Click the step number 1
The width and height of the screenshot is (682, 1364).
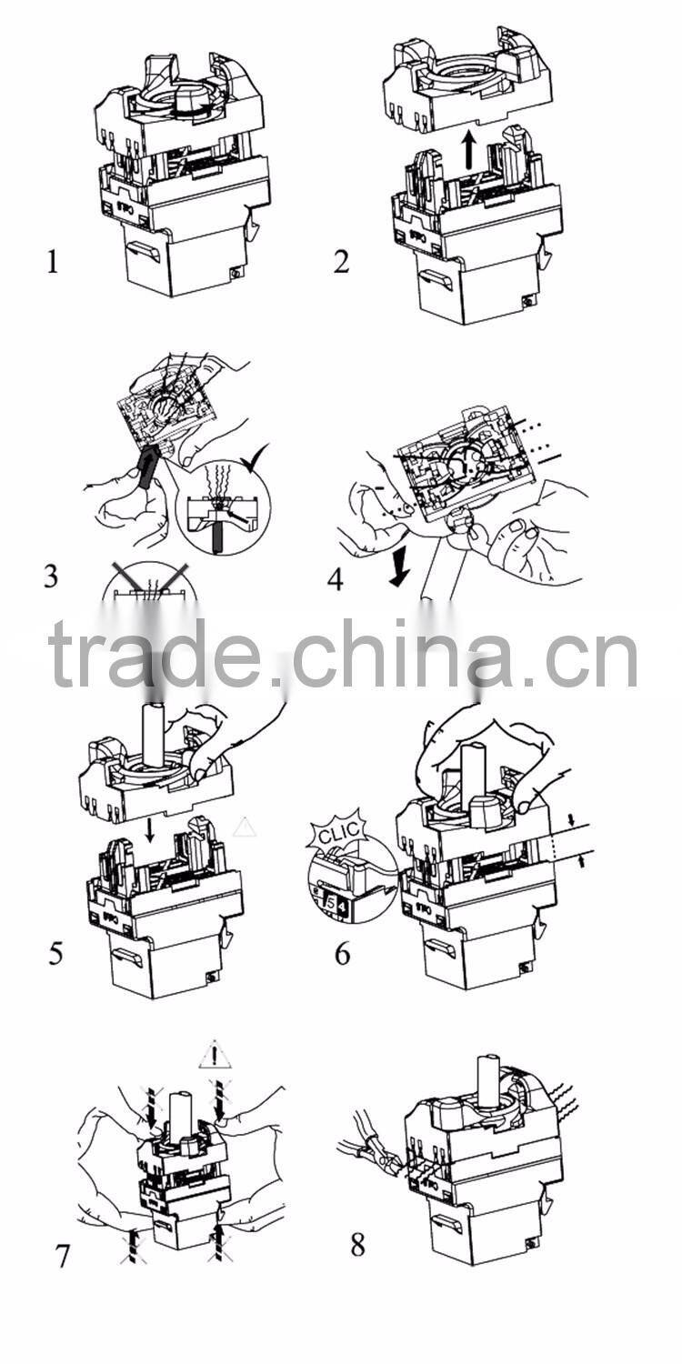pyautogui.click(x=53, y=264)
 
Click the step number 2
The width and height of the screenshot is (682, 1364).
pyautogui.click(x=341, y=262)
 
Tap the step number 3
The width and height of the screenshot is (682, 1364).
pyautogui.click(x=52, y=577)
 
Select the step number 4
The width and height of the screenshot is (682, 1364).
pyautogui.click(x=336, y=579)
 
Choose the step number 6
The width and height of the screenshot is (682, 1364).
pyautogui.click(x=342, y=954)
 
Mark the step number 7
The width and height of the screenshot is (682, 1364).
pyautogui.click(x=62, y=1257)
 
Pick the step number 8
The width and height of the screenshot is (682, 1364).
pyautogui.click(x=357, y=1245)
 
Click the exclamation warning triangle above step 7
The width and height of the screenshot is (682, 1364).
pyautogui.click(x=216, y=1056)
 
